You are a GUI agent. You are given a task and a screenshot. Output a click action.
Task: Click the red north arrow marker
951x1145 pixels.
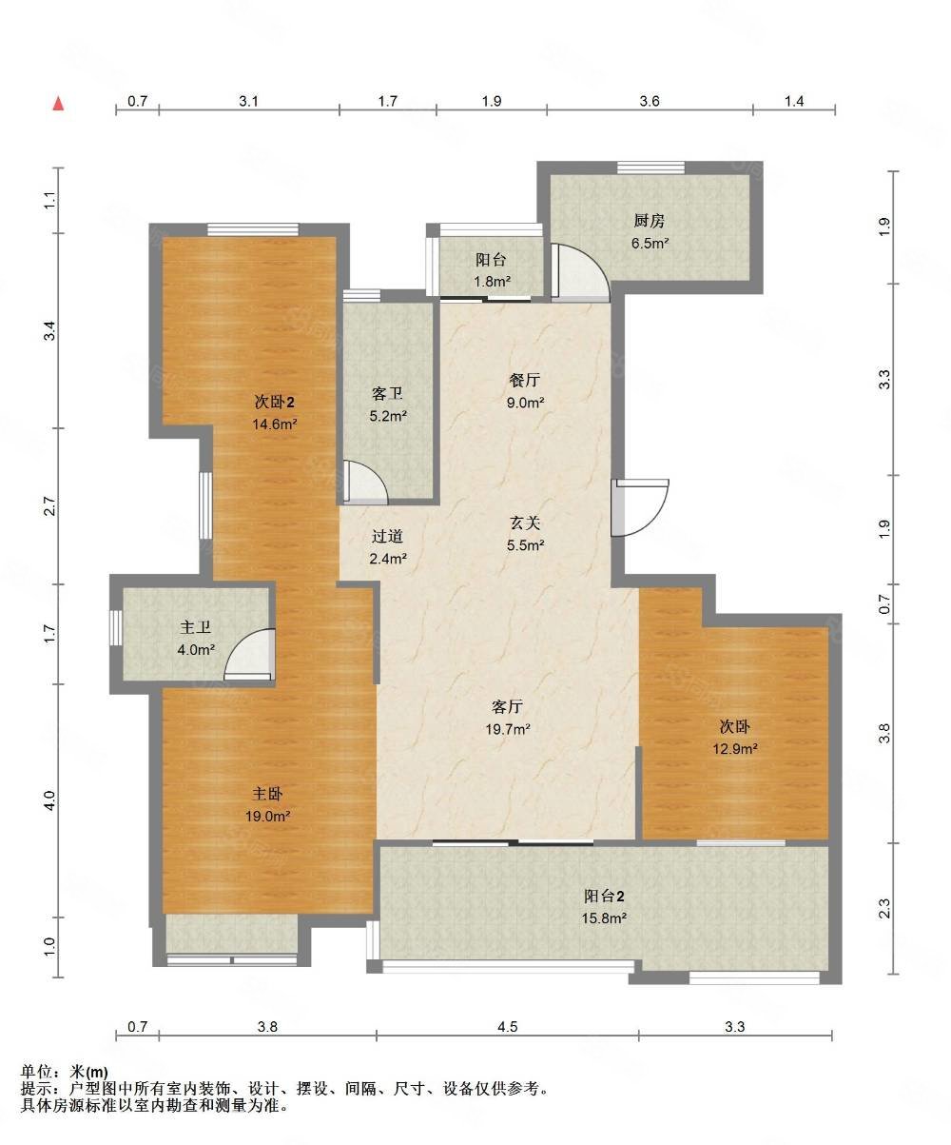[58, 103]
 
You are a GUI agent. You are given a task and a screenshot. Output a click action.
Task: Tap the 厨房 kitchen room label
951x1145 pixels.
[650, 221]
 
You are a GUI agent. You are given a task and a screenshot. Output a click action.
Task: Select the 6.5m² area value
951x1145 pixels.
[650, 243]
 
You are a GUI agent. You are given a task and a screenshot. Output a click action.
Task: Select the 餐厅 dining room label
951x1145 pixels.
[524, 380]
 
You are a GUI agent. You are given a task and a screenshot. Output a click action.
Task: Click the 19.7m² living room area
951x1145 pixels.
[507, 729]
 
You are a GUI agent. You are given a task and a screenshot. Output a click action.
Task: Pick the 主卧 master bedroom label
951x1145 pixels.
[267, 794]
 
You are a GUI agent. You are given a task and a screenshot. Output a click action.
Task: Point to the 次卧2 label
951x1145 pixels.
[275, 402]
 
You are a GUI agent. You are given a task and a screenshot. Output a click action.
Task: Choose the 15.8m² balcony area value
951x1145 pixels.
[604, 918]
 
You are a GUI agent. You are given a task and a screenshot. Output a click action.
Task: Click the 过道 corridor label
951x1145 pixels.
[387, 536]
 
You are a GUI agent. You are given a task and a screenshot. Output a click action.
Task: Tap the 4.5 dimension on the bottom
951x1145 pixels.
[507, 1027]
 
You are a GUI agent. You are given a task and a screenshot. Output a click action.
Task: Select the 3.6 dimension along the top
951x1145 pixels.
[650, 101]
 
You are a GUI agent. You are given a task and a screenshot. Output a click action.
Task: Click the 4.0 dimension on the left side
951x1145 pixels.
[49, 800]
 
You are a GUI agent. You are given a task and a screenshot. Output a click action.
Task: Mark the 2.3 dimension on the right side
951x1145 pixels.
[884, 909]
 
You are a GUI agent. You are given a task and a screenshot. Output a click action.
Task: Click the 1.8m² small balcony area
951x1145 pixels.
[492, 282]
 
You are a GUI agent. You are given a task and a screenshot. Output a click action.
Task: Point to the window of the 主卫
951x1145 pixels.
[116, 628]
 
